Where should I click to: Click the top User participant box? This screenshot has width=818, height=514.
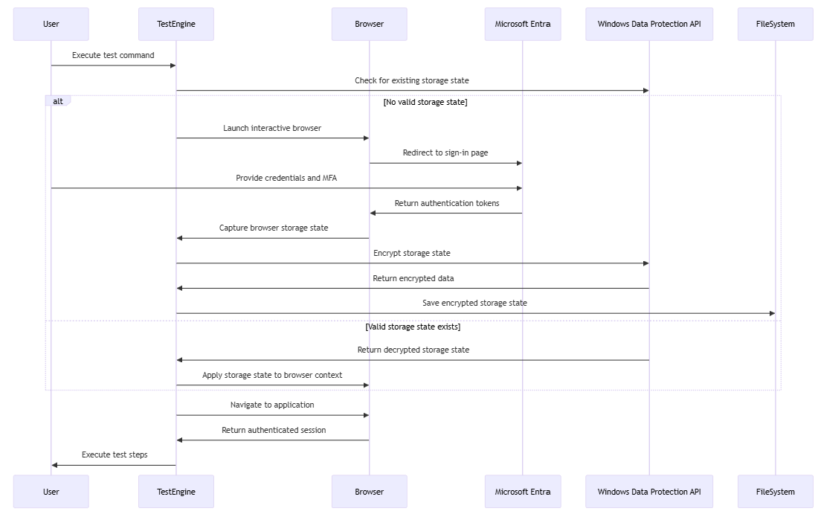tap(51, 24)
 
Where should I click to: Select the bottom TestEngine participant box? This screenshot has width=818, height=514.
tap(175, 492)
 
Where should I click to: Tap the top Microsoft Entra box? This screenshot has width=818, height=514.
tap(522, 24)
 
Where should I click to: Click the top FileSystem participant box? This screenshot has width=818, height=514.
tap(775, 24)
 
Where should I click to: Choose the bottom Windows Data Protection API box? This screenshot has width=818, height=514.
tap(648, 492)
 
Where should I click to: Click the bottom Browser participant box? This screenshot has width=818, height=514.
tap(369, 492)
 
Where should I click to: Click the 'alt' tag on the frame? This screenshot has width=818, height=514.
tap(58, 101)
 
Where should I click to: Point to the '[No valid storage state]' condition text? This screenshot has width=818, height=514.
tap(425, 103)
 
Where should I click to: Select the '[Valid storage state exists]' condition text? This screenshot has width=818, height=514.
tap(413, 327)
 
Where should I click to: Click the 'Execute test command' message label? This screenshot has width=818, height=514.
tap(113, 55)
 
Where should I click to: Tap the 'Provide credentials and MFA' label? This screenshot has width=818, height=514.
tap(286, 178)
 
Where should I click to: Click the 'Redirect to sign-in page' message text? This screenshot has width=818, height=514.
tap(445, 152)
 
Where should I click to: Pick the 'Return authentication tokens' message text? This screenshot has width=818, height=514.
tap(446, 203)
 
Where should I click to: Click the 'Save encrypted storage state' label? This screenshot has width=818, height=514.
tap(474, 303)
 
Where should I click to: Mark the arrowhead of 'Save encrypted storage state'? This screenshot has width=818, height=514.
tap(771, 313)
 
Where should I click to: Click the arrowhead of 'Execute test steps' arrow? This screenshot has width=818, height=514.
tap(55, 465)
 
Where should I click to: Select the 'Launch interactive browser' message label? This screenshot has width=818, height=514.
tap(272, 128)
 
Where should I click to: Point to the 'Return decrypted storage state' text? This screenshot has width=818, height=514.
tap(413, 350)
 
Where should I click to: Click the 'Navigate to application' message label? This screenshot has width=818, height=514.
tap(272, 405)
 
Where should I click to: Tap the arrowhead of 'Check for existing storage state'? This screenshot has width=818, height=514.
tap(645, 91)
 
